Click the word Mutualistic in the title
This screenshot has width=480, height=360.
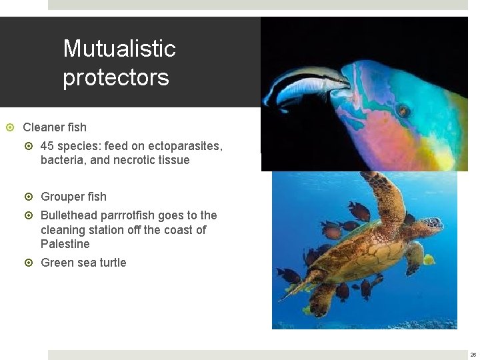pos(119,49)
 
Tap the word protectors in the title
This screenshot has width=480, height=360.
pos(116,77)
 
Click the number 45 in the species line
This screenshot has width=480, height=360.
pos(47,145)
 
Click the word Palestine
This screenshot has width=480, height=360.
pos(65,244)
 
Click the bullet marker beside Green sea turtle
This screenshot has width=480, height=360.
pos(28,263)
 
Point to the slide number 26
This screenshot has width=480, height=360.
pos(473,355)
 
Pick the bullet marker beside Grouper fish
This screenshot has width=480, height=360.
pos(28,197)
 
